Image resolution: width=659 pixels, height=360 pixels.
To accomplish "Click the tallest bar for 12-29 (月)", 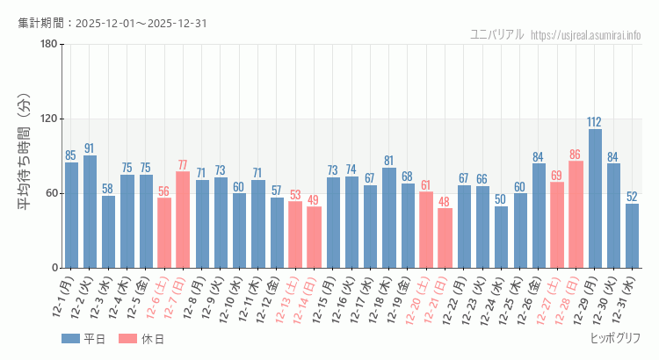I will coord(595,198).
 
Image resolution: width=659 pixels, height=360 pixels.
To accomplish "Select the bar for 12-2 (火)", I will coord(90,212).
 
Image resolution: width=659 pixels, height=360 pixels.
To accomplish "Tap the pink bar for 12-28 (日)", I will coord(576,214).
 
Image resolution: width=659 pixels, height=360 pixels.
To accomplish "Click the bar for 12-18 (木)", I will coord(388,218).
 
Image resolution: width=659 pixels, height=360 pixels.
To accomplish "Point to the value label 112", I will coord(595,122).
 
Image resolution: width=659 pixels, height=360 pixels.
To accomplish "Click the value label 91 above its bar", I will coord(90,148).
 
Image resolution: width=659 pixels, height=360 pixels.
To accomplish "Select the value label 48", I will coord(445,201).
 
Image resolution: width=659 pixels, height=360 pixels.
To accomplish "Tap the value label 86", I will coord(576,154).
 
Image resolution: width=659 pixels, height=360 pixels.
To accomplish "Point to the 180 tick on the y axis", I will coord(48,45).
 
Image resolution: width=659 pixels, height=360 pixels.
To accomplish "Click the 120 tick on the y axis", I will coord(48,119).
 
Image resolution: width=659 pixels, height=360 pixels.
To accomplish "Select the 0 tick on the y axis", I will coord(54,268).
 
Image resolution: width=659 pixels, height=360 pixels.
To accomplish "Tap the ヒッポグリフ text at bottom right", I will coord(615,338).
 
